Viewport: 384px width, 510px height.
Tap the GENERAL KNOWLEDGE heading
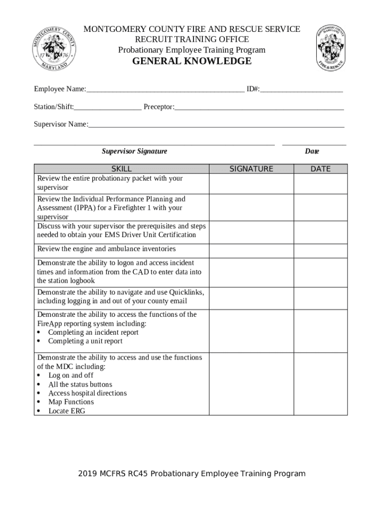point(192,61)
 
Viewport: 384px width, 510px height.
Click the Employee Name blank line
point(165,90)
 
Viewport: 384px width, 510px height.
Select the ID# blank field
point(301,90)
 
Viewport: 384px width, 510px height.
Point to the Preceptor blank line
point(259,107)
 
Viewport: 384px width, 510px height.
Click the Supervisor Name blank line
point(216,125)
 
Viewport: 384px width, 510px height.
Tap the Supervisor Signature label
point(135,151)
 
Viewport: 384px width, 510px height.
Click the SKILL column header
point(121,169)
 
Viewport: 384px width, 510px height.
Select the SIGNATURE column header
point(251,169)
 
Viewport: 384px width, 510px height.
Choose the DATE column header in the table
point(320,169)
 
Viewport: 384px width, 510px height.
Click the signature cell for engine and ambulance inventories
point(251,251)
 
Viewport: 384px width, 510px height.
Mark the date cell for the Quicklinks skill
point(320,297)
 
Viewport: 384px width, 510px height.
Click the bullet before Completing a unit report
point(39,341)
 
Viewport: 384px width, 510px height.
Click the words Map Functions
point(71,402)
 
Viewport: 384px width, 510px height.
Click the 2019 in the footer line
point(87,474)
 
